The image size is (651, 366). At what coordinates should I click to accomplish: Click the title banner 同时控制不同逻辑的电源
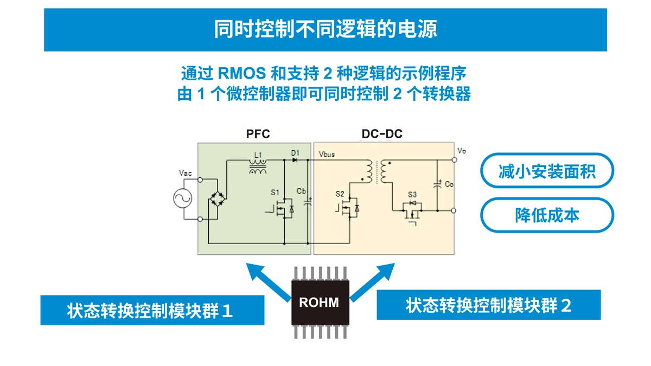(325, 29)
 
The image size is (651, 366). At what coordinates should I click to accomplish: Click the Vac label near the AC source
(185, 173)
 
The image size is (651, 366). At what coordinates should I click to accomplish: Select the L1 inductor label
(258, 155)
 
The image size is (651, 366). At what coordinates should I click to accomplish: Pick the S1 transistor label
(276, 192)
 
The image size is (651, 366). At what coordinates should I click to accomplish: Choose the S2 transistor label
(340, 193)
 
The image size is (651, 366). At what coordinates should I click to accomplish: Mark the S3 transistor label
(412, 194)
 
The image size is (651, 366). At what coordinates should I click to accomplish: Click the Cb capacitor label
(302, 191)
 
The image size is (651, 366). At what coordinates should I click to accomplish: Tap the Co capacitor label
(449, 184)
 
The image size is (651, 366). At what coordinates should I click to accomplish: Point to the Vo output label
(462, 151)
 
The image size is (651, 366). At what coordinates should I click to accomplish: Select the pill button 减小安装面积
(547, 172)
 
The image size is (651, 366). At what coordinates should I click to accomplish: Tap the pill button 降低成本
(547, 215)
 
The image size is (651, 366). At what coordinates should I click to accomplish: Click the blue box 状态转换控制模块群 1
(152, 311)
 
